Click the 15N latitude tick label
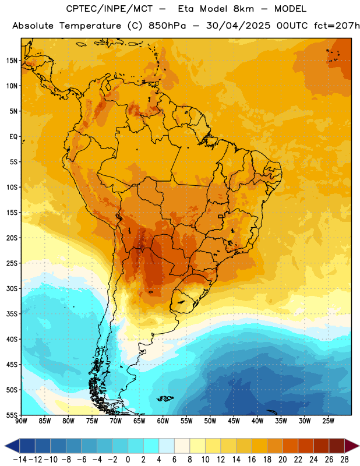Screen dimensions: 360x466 pos(12,61)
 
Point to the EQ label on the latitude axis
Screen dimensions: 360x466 pos(13,137)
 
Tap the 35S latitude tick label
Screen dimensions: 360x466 pos(12,314)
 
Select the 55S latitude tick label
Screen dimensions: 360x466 pos(12,415)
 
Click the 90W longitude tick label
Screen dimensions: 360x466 pos(21,421)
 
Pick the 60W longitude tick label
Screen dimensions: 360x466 pos(163,421)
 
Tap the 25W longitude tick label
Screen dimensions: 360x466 pos(328,421)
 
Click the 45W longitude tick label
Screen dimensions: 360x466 pos(234,421)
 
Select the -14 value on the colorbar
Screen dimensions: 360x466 pos(20,460)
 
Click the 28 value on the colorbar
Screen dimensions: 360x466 pos(344,460)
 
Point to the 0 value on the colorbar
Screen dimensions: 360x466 pos(128,460)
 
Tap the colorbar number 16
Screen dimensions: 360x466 pos(252,460)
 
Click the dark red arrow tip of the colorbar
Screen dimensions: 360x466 pos(359,446)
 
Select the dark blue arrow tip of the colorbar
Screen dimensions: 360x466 pos(5,446)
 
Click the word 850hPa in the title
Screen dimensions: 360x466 pos(167,26)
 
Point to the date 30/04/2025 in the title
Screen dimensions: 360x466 pos(238,26)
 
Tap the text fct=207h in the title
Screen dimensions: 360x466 pos(337,26)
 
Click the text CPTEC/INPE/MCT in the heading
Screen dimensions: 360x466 pos(110,9)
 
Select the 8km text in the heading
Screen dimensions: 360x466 pos(243,9)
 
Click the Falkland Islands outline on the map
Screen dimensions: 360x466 pos(165,398)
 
